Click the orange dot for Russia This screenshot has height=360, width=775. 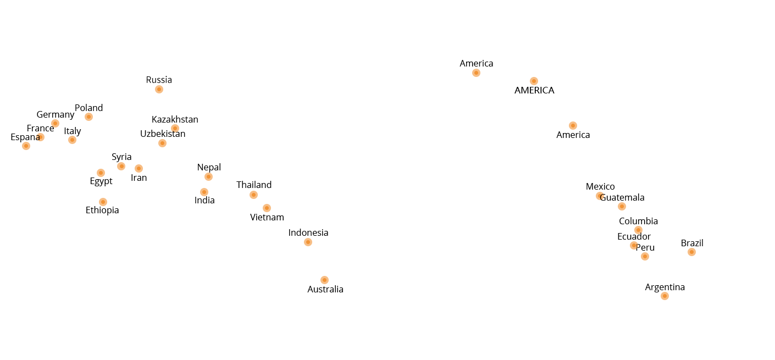coord(159,89)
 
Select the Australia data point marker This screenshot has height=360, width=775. coord(324,280)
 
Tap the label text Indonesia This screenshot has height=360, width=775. coord(308,232)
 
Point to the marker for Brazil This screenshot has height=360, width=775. coord(691,252)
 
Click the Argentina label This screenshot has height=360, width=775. coord(665,287)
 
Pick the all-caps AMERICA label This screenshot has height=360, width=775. coord(534,90)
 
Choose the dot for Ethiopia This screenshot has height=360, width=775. coord(103,202)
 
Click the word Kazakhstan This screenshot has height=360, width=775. coord(175,120)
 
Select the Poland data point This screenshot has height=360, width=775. coord(88,117)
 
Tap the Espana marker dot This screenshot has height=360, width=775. coord(26,146)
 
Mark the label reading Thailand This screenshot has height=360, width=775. coord(254,185)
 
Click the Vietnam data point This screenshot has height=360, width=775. coord(267,208)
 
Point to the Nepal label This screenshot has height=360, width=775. coord(209,168)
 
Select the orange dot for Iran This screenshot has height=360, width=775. coord(139,168)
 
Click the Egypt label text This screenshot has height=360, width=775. coord(101,181)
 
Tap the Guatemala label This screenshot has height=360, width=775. coord(622,198)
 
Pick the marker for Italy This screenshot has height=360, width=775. coord(72,140)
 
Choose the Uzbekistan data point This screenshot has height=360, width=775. coord(162,143)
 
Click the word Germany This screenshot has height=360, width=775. coord(56,115)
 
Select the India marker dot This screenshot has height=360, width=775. coord(204,192)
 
